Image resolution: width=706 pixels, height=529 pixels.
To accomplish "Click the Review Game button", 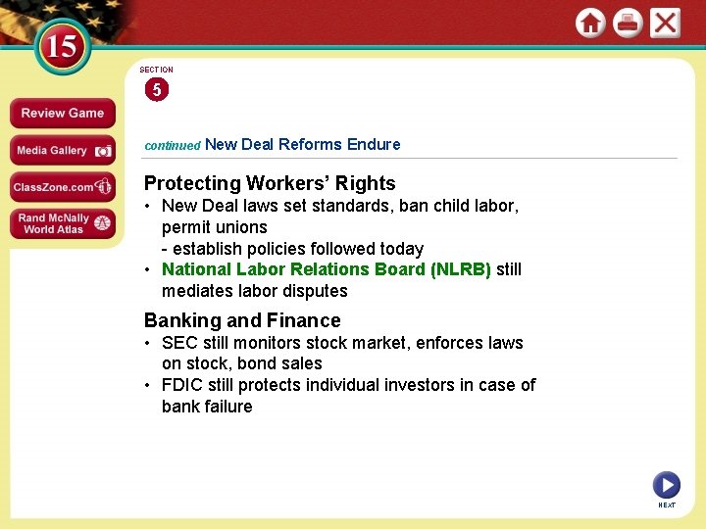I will coord(62,114).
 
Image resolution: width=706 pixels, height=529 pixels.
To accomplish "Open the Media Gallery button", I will coord(62,151).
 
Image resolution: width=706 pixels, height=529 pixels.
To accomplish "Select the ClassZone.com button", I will coord(62,187).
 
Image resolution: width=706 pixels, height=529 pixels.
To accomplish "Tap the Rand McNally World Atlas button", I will coord(62,224).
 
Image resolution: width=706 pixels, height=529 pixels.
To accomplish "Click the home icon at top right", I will coord(590,24).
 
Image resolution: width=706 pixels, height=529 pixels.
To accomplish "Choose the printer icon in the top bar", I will coord(628,24).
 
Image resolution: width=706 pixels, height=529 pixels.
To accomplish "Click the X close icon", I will coord(665,24).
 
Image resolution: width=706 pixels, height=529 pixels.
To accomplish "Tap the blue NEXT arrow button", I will coord(666,484).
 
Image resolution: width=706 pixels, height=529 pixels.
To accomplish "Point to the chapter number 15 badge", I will coord(61,46).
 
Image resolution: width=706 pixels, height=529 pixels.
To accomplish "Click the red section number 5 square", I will coord(156,90).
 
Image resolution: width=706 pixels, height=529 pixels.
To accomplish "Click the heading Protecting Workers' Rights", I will coord(270,183).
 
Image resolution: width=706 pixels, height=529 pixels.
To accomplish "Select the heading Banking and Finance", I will coord(242,320).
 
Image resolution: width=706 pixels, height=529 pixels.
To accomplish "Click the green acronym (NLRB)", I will coord(460,269).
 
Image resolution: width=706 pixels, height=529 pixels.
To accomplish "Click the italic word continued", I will coord(173,145).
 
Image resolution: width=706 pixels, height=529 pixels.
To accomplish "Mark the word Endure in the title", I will coord(374,144).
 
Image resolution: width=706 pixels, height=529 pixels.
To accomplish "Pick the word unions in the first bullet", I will coord(241,227).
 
